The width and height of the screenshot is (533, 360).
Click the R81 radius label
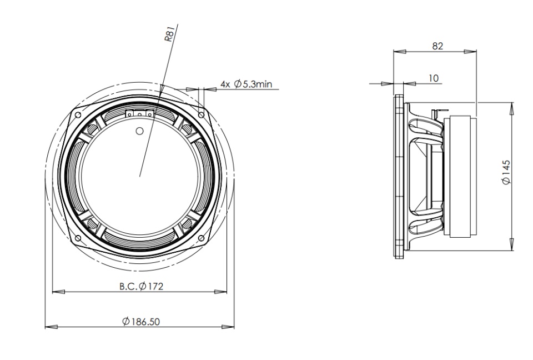(x=170, y=33)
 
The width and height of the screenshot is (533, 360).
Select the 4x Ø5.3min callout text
(x=247, y=84)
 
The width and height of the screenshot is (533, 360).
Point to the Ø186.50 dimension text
(x=141, y=321)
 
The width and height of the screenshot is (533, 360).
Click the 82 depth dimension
(x=438, y=46)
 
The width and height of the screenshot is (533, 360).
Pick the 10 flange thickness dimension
(x=434, y=78)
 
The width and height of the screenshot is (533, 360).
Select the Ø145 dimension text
(x=506, y=172)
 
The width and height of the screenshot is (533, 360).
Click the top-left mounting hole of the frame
(x=78, y=115)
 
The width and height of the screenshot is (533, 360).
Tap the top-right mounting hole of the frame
(x=201, y=115)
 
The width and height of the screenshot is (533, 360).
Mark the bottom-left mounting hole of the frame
(x=78, y=238)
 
